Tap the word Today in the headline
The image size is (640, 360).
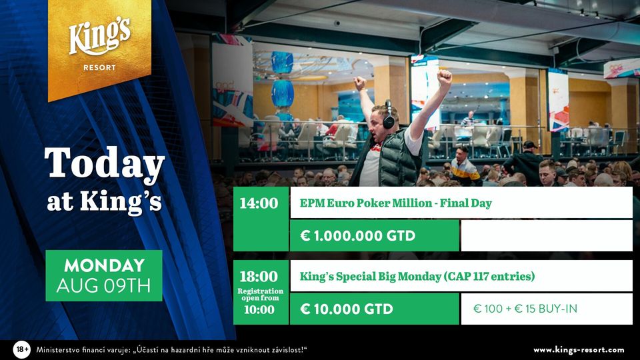point(105,164)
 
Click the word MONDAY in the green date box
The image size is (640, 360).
point(105,266)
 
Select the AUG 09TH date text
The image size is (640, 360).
point(104,286)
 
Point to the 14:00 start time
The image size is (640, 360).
point(259,203)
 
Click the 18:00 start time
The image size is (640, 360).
point(259,276)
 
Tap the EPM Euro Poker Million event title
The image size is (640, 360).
point(395,203)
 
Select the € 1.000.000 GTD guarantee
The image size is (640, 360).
point(357,235)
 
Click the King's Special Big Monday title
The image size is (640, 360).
point(417,276)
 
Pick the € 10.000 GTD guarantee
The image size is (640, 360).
point(347,309)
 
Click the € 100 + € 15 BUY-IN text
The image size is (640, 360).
point(525,309)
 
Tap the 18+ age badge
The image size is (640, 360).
point(21,350)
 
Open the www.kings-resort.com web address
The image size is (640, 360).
point(579,350)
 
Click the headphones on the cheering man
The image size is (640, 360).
point(388,115)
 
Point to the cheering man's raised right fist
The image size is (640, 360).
point(444,76)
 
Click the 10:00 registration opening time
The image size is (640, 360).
point(259,309)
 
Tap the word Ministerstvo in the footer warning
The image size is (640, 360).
point(56,350)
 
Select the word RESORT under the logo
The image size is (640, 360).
point(99,68)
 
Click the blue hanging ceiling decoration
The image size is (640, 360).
point(282,79)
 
